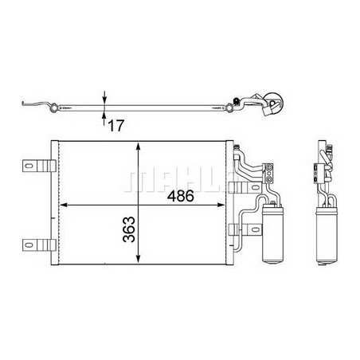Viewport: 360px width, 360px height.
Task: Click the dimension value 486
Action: click(181, 196)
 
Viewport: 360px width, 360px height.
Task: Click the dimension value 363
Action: click(129, 229)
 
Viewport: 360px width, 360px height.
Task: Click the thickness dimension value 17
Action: click(116, 126)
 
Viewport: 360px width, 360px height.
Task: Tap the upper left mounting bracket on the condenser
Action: click(39, 166)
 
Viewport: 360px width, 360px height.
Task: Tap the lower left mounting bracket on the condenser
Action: click(39, 245)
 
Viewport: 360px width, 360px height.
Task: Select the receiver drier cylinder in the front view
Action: click(273, 233)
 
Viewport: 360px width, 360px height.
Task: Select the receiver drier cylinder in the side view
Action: click(327, 235)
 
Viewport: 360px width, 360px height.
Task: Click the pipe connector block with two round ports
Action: click(268, 174)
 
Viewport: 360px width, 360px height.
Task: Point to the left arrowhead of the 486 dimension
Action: click(63, 205)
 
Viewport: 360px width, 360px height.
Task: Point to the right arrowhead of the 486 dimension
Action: click(221, 205)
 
